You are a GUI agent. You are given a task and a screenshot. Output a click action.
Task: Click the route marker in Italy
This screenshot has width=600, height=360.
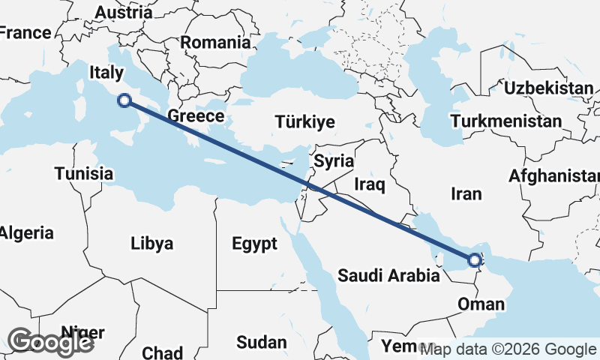point(125,100)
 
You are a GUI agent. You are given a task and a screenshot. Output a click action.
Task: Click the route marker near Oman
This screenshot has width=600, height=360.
point(474,261)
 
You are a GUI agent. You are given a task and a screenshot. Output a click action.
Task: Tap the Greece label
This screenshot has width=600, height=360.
point(196,116)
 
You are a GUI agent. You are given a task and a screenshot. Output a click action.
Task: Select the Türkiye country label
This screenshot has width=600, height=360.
point(304,122)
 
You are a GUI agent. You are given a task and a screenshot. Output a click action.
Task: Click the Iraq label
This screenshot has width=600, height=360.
point(369,184)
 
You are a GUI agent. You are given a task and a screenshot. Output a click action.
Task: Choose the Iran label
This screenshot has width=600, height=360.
point(466,194)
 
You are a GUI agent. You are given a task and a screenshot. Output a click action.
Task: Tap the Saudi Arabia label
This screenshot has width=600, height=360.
point(388,276)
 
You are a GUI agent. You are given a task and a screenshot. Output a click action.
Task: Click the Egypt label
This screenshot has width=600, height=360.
point(254,244)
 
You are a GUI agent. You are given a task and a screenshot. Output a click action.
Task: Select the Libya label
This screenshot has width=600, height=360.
point(151,244)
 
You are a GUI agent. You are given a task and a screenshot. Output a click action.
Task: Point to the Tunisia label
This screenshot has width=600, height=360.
point(83,174)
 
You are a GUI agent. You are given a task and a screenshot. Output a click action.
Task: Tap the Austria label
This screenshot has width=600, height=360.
point(124,13)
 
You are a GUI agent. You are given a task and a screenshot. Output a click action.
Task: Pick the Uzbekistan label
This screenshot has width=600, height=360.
point(548,88)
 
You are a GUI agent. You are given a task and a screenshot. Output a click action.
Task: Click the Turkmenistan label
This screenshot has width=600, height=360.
point(506,121)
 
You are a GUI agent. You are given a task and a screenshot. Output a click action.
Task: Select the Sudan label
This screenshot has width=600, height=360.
point(261,343)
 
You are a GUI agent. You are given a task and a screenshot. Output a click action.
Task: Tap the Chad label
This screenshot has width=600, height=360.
point(162,352)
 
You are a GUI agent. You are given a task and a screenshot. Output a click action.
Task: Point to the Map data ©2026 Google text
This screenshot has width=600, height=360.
point(508,349)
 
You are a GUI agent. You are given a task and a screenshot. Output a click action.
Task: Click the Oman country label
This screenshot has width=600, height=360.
point(480,304)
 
